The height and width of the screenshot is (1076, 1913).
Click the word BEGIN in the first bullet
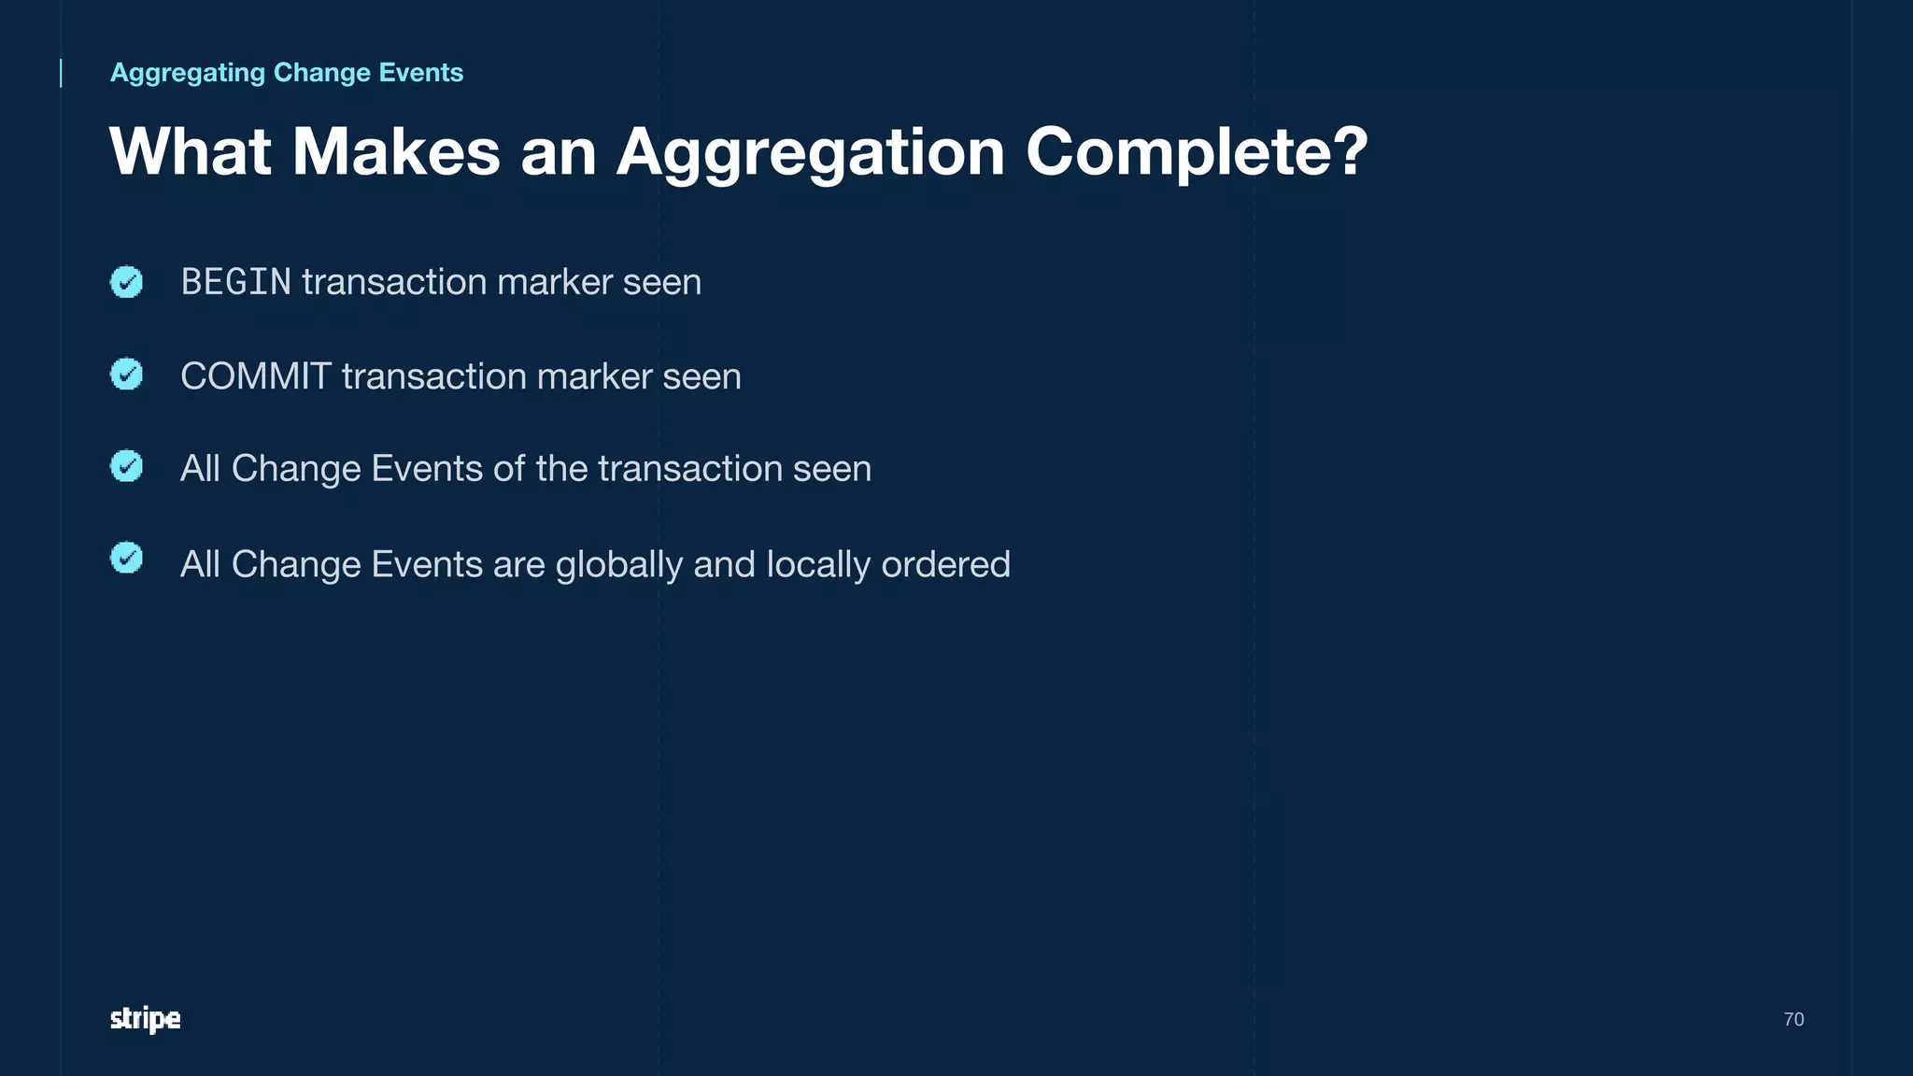click(235, 282)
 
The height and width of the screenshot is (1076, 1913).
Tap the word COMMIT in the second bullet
click(255, 376)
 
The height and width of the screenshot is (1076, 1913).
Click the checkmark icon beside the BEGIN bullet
click(126, 281)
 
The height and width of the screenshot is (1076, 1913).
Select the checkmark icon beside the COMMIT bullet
click(126, 375)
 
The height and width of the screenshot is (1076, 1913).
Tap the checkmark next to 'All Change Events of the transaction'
click(126, 466)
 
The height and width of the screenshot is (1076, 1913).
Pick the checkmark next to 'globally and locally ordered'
click(126, 558)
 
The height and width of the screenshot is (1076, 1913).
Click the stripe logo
click(145, 1019)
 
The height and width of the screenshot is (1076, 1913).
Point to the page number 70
click(1793, 1019)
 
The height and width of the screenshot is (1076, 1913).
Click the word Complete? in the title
click(1197, 152)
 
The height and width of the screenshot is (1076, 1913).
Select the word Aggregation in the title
click(810, 152)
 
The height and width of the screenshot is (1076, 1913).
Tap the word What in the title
click(191, 152)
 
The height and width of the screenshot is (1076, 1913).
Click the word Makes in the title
click(396, 152)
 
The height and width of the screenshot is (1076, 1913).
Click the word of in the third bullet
click(509, 469)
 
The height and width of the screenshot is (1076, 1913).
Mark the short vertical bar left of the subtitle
click(61, 73)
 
